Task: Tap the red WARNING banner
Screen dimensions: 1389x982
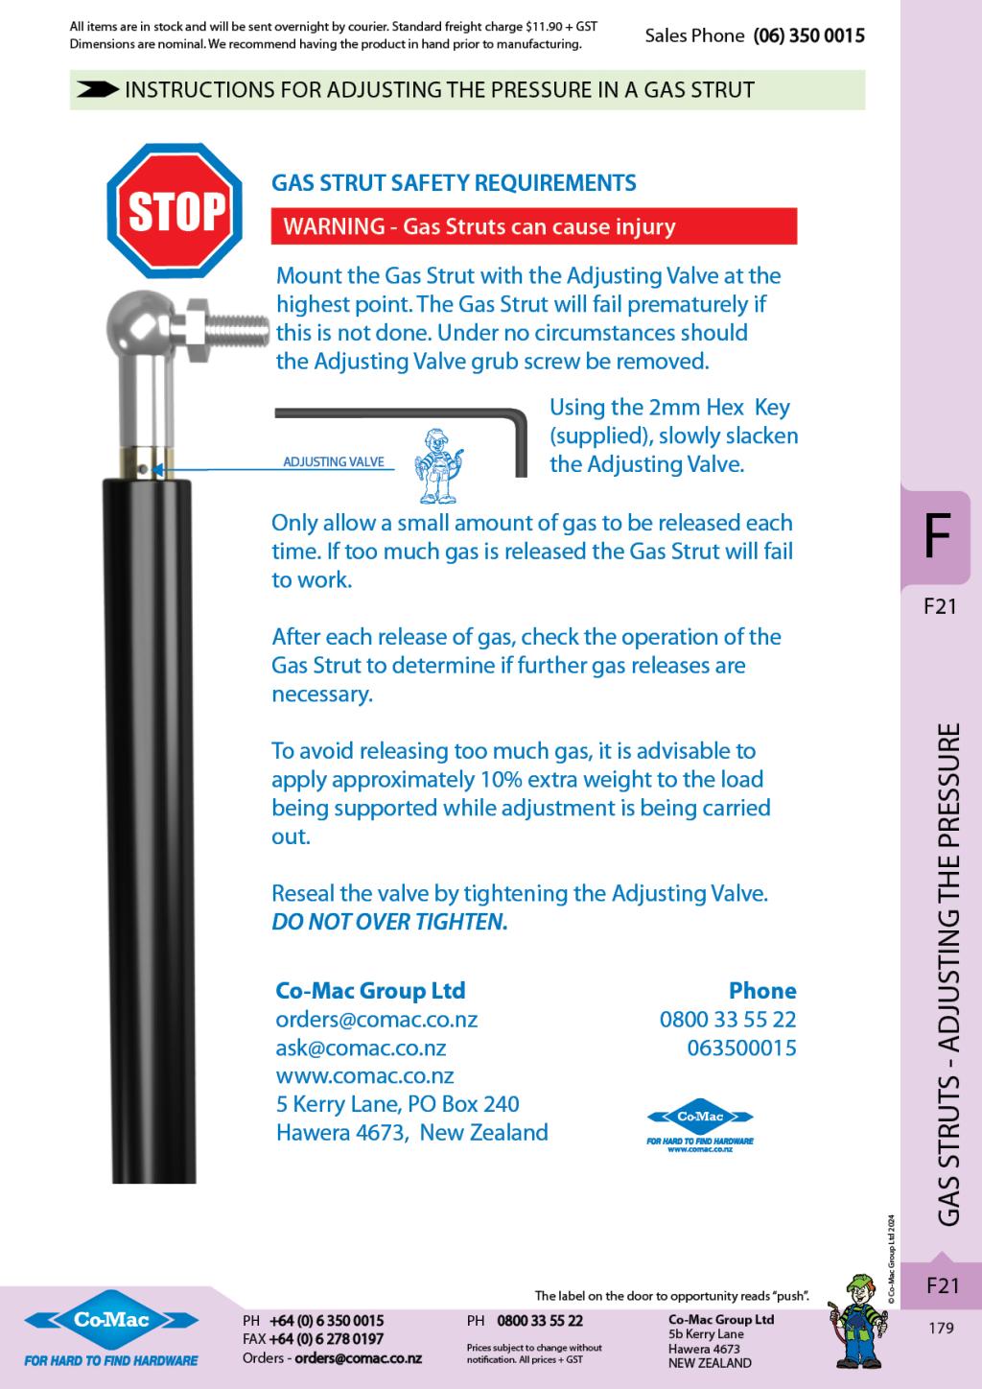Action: [x=534, y=226]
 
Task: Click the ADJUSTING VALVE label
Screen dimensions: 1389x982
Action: [x=333, y=462]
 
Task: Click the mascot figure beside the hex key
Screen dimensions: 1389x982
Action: [x=440, y=466]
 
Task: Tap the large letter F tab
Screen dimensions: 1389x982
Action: [x=935, y=536]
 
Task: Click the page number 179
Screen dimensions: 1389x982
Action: [x=942, y=1329]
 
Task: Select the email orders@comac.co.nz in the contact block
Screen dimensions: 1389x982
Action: [x=376, y=1019]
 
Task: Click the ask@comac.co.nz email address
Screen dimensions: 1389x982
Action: [x=361, y=1048]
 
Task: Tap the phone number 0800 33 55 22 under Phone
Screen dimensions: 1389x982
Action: [x=728, y=1019]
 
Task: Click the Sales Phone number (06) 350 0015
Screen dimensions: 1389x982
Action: [x=808, y=36]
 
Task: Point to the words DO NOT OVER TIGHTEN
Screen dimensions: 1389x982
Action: [x=389, y=922]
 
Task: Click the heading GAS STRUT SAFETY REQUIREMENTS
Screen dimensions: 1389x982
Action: [x=454, y=182]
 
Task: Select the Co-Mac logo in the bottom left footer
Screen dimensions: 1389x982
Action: [x=111, y=1322]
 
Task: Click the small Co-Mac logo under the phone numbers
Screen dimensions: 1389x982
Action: [x=700, y=1118]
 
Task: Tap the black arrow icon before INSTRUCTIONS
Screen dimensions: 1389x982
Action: [x=97, y=90]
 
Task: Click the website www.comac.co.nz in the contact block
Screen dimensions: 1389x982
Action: [x=364, y=1075]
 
